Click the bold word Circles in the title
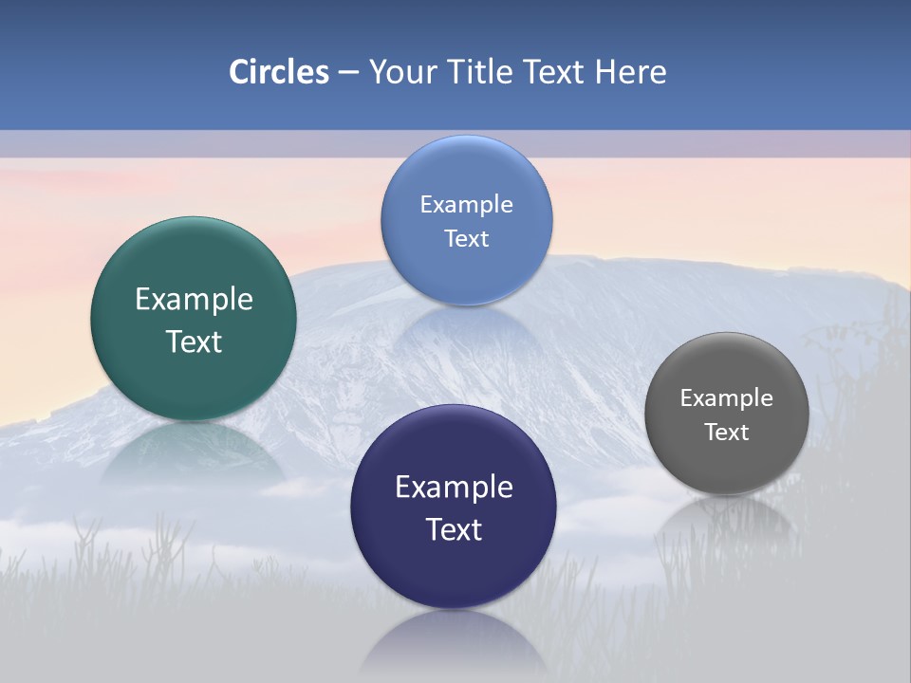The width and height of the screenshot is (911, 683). pos(278,72)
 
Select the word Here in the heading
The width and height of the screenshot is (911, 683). pos(630,72)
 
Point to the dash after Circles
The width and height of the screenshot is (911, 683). pos(347,73)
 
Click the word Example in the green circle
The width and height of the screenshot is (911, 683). pos(194,300)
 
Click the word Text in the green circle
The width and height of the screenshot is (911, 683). pos(194,341)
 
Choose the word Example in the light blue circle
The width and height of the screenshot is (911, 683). pos(466,205)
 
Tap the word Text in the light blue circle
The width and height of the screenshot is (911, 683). pos(466,238)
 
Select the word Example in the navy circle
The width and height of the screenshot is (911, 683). pos(454,488)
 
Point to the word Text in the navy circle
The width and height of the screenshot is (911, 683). pos(454,529)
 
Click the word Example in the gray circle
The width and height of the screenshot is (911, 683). pos(726,398)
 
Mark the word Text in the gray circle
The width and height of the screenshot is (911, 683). pos(726,433)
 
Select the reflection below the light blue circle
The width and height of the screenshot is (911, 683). pos(466,327)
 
